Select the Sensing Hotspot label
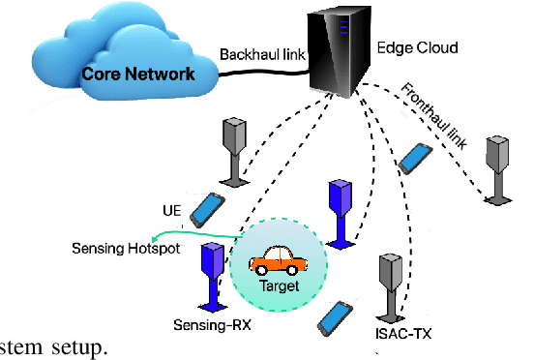(x=122, y=248)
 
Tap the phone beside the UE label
(x=207, y=208)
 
